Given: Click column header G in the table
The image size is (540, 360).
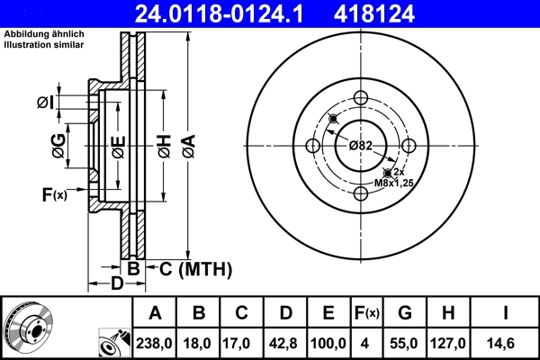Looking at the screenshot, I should [x=405, y=313].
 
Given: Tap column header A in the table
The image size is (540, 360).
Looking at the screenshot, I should [x=155, y=313].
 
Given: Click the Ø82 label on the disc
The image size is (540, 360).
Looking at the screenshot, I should [x=361, y=146].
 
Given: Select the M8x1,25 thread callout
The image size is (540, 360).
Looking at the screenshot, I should [x=392, y=183].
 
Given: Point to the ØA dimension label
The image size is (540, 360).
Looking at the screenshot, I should [x=187, y=145].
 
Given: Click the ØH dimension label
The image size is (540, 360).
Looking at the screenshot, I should [x=164, y=146].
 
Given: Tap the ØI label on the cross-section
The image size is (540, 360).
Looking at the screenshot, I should [x=45, y=103].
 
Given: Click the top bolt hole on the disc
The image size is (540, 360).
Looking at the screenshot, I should [x=361, y=99].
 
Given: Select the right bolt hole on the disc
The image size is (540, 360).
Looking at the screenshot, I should [x=409, y=146].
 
